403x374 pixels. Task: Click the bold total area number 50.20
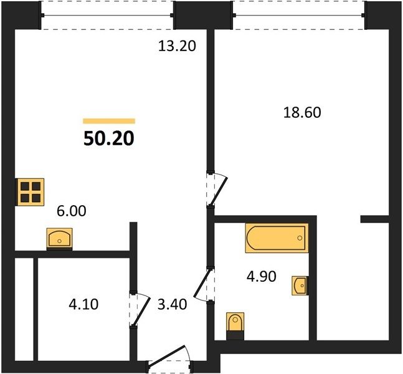pyautogui.click(x=109, y=138)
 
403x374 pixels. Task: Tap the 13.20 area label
pyautogui.click(x=177, y=46)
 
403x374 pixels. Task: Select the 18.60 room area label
pyautogui.click(x=302, y=113)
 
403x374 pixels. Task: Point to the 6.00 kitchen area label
pyautogui.click(x=71, y=211)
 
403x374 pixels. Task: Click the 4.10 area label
pyautogui.click(x=83, y=304)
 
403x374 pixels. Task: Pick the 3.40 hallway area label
pyautogui.click(x=172, y=305)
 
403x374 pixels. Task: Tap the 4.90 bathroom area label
pyautogui.click(x=262, y=277)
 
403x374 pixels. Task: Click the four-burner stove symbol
pyautogui.click(x=30, y=192)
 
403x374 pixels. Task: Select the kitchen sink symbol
pyautogui.click(x=59, y=239)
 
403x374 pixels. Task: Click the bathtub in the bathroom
pyautogui.click(x=277, y=238)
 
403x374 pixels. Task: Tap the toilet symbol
pyautogui.click(x=235, y=325)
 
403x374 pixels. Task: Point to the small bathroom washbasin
pyautogui.click(x=300, y=285)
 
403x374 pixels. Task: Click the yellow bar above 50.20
pyautogui.click(x=109, y=121)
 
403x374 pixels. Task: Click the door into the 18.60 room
pyautogui.click(x=217, y=189)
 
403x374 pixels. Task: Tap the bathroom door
pyautogui.click(x=204, y=284)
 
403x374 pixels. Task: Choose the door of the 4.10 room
pyautogui.click(x=140, y=309)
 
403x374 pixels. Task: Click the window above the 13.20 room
pyautogui.click(x=107, y=15)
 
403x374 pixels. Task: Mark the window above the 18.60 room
pyautogui.click(x=298, y=15)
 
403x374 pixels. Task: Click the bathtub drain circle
pyautogui.click(x=300, y=238)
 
